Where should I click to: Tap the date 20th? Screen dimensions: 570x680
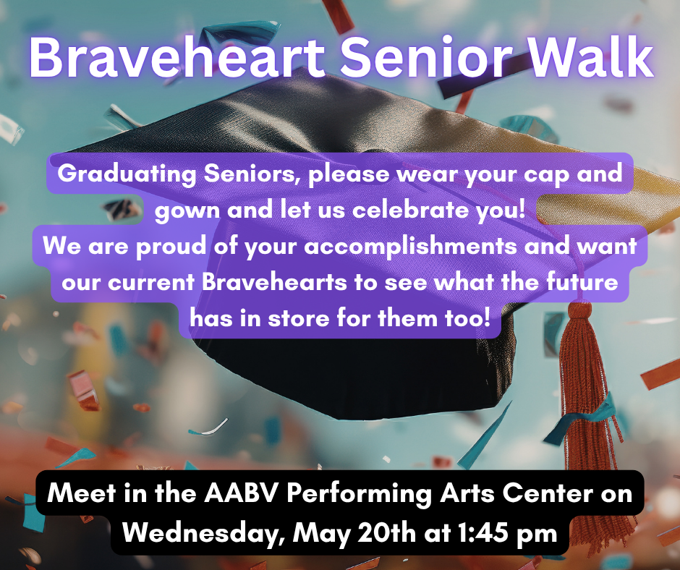click(x=385, y=533)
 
